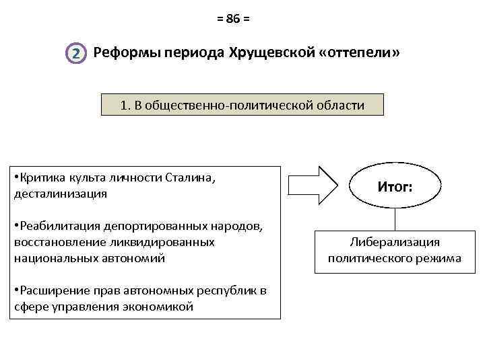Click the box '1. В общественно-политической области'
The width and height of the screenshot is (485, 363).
[242, 106]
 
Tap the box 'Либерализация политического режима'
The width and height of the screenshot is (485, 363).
[394, 249]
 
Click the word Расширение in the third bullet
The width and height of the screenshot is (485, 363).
[49, 291]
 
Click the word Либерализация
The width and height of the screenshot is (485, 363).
[394, 242]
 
